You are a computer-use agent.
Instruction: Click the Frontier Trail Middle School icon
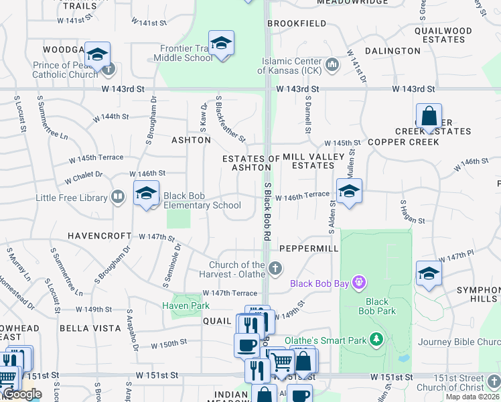221,44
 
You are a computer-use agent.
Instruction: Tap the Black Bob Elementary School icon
146,194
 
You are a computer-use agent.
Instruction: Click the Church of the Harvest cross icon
275,269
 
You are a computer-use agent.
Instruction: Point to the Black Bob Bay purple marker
359,283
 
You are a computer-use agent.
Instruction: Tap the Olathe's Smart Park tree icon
376,340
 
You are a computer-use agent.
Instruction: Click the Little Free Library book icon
118,197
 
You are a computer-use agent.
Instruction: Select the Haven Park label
186,306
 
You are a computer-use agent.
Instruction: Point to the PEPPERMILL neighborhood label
309,248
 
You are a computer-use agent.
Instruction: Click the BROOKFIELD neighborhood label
297,23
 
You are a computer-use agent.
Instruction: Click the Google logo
21,395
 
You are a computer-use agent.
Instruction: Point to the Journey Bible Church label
459,342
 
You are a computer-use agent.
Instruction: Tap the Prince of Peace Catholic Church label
65,70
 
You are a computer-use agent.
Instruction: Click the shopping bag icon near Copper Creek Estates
429,116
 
